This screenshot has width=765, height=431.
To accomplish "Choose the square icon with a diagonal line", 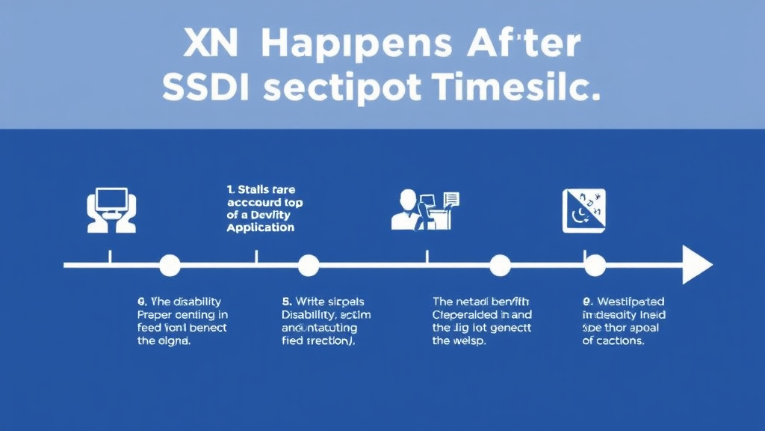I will [x=583, y=211].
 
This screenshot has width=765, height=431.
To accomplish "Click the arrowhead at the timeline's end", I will [x=697, y=265].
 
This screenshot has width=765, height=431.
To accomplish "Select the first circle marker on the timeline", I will [x=170, y=265].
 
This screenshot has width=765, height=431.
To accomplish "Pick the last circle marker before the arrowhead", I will [x=595, y=265].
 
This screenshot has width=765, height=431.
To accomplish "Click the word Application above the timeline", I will [x=260, y=227].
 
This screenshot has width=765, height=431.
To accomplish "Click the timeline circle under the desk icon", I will [x=500, y=265].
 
